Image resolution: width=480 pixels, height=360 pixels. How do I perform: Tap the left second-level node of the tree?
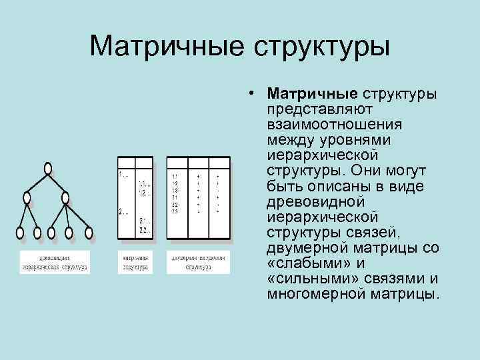27,198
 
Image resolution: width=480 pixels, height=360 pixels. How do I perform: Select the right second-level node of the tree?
65,197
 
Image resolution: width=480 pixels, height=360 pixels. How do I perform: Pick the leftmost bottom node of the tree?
20,233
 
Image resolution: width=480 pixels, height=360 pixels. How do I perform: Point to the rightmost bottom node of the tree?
88,233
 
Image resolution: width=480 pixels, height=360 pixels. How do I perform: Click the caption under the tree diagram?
54,261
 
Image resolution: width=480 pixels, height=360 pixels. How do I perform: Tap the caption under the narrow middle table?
136,261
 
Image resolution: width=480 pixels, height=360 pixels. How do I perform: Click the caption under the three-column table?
198,261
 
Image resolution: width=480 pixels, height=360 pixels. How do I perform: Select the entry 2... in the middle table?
123,213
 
